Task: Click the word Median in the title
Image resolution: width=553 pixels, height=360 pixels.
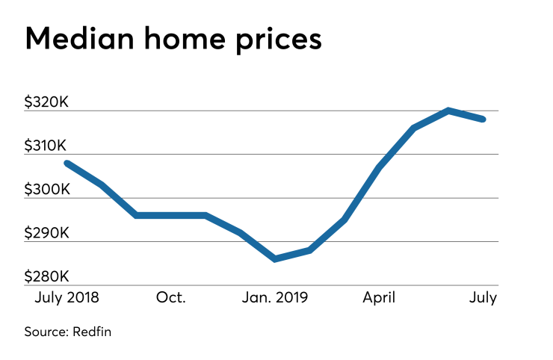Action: [x=79, y=38]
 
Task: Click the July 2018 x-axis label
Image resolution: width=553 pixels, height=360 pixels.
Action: [x=67, y=297]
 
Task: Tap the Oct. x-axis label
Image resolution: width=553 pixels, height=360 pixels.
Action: [x=171, y=297]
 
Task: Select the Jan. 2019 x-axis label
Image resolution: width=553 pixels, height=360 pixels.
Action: [x=275, y=297]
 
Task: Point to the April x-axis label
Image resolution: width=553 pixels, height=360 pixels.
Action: [x=380, y=297]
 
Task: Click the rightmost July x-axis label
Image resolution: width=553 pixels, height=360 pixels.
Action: [x=483, y=297]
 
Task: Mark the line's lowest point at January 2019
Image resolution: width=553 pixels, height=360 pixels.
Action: [x=275, y=258]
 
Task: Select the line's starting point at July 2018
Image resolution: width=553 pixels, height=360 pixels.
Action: [x=67, y=163]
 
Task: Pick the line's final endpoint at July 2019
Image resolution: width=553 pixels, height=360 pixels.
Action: [x=483, y=119]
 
